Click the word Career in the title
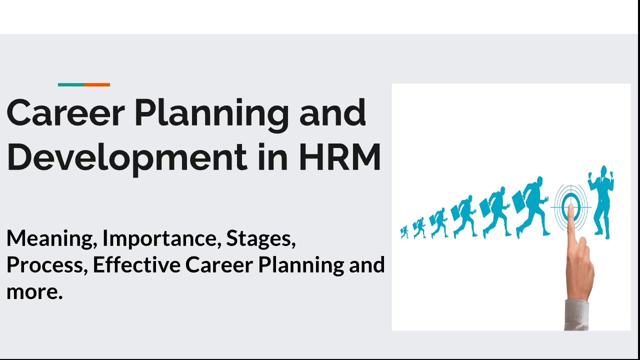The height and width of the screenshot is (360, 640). [x=65, y=112]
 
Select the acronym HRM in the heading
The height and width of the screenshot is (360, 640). [x=339, y=156]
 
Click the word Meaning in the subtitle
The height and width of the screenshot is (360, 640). [x=52, y=239]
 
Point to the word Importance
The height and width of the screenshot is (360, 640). [x=162, y=238]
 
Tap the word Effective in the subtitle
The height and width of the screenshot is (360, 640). [x=136, y=264]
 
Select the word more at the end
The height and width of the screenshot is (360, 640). [x=34, y=291]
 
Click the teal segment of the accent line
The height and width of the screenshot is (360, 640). [x=71, y=84]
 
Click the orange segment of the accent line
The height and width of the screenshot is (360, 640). [x=97, y=84]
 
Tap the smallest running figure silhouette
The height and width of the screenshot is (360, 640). [x=404, y=231]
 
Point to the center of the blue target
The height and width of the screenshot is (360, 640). [x=571, y=207]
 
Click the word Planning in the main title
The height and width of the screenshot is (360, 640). [x=211, y=115]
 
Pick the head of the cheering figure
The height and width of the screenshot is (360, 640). [x=603, y=171]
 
